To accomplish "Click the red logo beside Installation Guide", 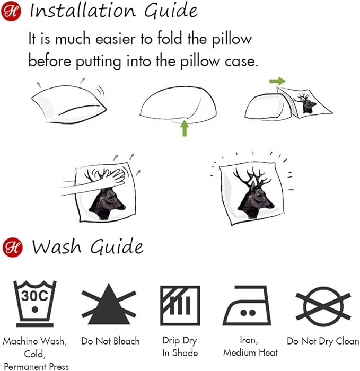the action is click(11, 11).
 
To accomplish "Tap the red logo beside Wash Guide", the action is click(13, 248).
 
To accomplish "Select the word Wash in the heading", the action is click(57, 247).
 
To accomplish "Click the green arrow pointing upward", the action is click(185, 128).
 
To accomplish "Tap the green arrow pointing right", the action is click(277, 81).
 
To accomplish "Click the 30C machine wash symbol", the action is click(35, 304).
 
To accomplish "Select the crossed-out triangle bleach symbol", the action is click(109, 304).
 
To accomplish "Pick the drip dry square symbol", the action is click(180, 305).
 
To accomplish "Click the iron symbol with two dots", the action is click(247, 305).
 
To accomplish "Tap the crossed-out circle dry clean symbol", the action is click(323, 307).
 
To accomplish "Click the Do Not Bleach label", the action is click(110, 341).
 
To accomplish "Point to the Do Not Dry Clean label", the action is click(323, 341).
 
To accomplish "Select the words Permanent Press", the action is click(36, 367).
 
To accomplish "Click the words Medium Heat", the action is click(250, 352).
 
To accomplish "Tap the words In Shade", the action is click(180, 353).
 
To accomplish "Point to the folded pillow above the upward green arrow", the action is click(178, 104).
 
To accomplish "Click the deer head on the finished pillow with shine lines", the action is click(254, 192).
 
